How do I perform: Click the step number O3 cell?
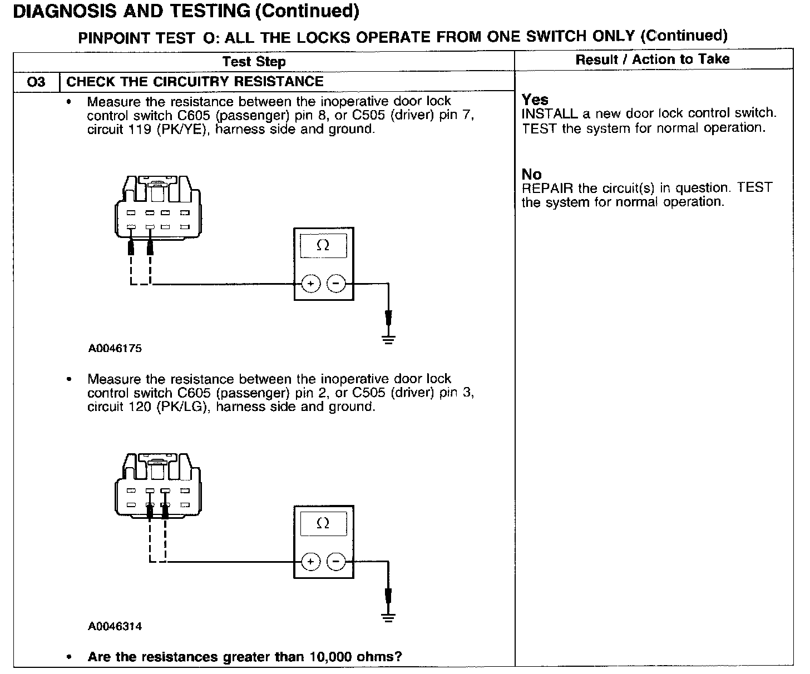click(x=36, y=82)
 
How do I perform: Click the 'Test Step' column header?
click(x=254, y=62)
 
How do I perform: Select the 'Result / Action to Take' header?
click(x=652, y=60)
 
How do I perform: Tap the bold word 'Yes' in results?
click(x=535, y=100)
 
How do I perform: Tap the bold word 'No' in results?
click(x=531, y=175)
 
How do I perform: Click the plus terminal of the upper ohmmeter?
click(x=310, y=284)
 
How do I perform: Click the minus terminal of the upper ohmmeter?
click(x=335, y=284)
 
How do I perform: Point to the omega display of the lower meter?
click(x=323, y=523)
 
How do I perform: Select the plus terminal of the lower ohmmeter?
click(x=310, y=562)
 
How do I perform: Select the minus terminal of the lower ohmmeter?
click(x=335, y=562)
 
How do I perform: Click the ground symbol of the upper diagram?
click(x=388, y=339)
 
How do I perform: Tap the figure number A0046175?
click(x=115, y=349)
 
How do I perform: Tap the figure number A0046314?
click(x=115, y=626)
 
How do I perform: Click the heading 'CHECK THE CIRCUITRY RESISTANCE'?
click(x=195, y=82)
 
